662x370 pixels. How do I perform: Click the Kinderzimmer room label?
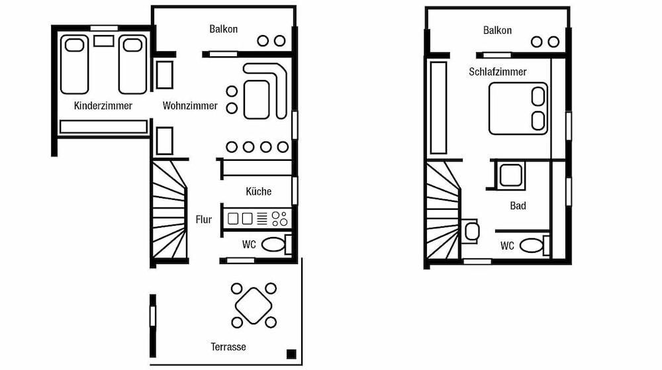coord(103,105)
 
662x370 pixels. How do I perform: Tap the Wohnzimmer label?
coord(190,105)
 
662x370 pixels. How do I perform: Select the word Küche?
coord(258,191)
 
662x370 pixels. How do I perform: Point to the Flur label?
coord(203,219)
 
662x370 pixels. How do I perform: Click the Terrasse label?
coord(228,347)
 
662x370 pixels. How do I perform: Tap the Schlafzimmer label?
coord(498,71)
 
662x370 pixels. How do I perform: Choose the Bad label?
coord(518,206)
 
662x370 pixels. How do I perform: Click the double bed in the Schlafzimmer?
coord(518,109)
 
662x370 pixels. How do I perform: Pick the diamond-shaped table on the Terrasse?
coord(254,305)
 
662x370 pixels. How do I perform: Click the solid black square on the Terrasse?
coord(291,354)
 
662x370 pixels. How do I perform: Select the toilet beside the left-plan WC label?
coord(276,244)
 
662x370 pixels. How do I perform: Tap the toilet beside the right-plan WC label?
coord(534,246)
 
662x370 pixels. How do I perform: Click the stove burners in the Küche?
coord(279,218)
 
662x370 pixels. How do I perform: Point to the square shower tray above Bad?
coord(510,175)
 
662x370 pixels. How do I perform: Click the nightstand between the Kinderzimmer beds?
coord(103,41)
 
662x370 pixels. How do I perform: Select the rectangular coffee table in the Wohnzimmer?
coord(257,99)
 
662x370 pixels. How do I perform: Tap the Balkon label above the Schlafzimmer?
coord(497,30)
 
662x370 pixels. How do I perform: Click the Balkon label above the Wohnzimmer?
coord(223,29)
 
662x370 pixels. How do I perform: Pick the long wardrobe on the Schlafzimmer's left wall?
coord(438,108)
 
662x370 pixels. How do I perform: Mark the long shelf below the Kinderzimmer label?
coord(103,126)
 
